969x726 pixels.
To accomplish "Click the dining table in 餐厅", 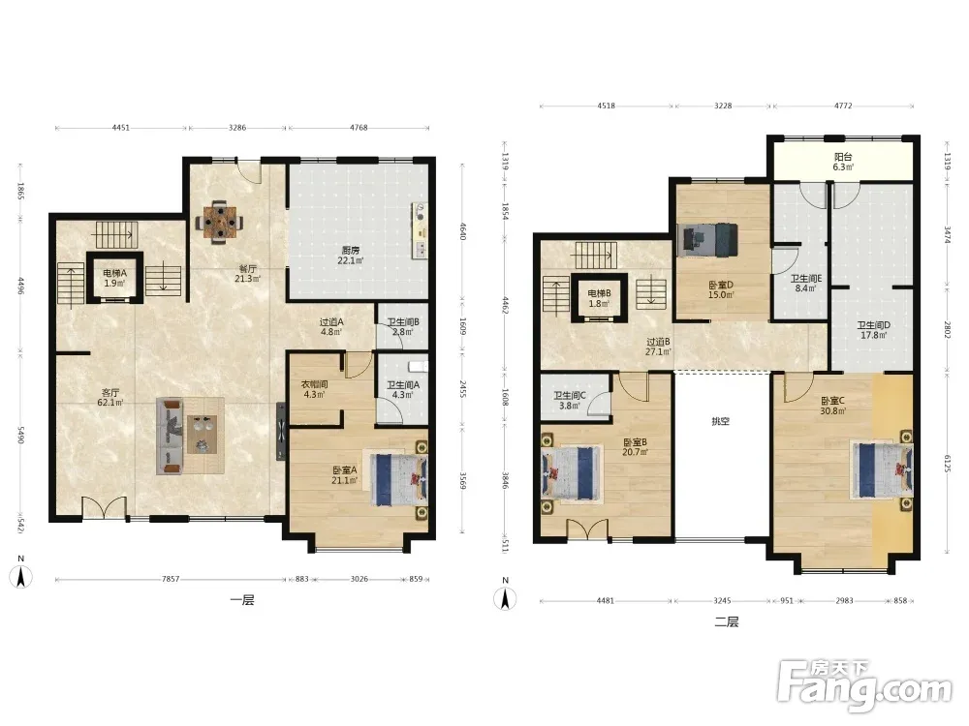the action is coord(219,222).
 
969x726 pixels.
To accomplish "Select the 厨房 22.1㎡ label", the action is coord(351,256).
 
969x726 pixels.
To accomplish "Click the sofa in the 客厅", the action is coord(170,437).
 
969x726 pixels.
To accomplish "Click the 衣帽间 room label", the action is coord(314,389).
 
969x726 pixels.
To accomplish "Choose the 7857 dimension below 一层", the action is coord(171,579).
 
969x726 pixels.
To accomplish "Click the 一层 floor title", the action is coord(242,600).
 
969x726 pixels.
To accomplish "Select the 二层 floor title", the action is coord(727,621).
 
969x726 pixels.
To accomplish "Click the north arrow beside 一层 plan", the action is coord(21,572).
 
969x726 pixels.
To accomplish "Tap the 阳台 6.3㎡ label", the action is coord(843,162).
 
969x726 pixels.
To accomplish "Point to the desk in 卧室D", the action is coord(707,239).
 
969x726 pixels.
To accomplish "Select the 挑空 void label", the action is coord(721,421).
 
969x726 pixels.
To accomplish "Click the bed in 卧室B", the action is coord(571,472).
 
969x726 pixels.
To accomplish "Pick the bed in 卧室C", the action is coord(882,469).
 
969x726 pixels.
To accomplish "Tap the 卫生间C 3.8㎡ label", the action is coord(569,401).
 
